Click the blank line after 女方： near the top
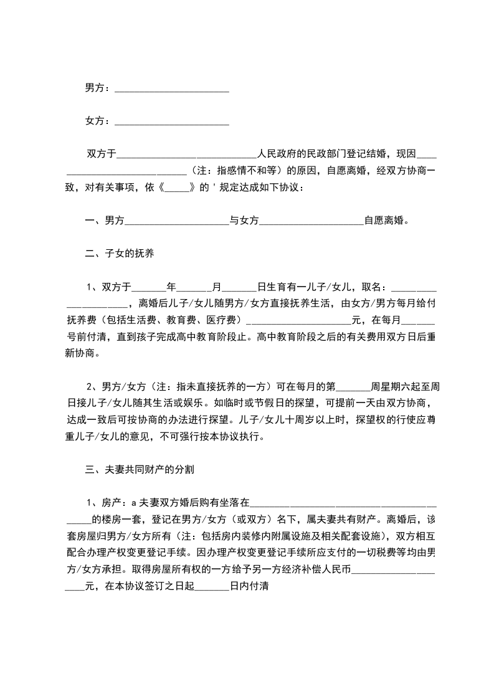click(173, 121)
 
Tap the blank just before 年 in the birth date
click(150, 287)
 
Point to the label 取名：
click(376, 287)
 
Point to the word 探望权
click(373, 419)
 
